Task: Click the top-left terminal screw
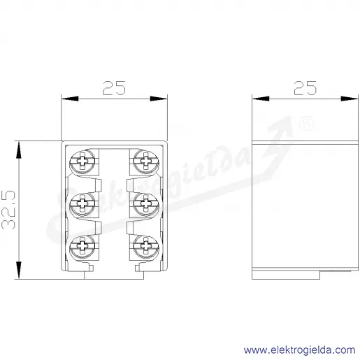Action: [x=82, y=161]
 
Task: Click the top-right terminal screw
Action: [x=146, y=161]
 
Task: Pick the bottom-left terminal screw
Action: [x=82, y=246]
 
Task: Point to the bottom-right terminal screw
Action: [x=146, y=246]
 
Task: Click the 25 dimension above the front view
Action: [x=114, y=88]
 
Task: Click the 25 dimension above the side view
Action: [x=305, y=88]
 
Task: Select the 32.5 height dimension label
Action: [x=8, y=210]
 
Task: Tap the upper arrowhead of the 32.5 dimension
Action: [x=19, y=150]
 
